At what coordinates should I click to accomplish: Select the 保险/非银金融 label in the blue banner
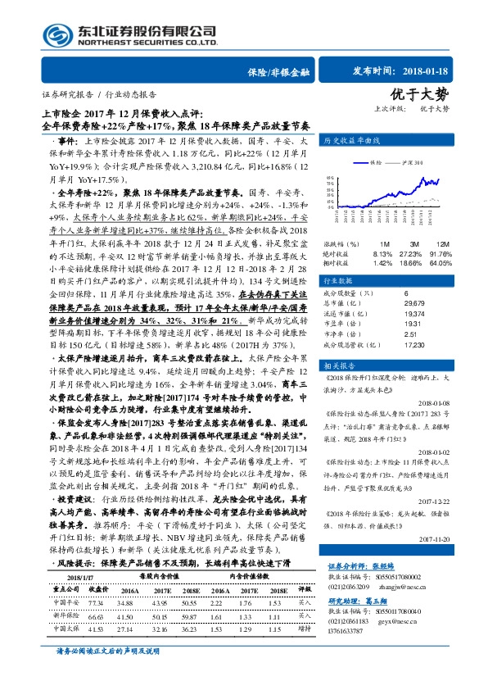[x=278, y=73]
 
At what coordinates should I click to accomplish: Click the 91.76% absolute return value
[x=443, y=254]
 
